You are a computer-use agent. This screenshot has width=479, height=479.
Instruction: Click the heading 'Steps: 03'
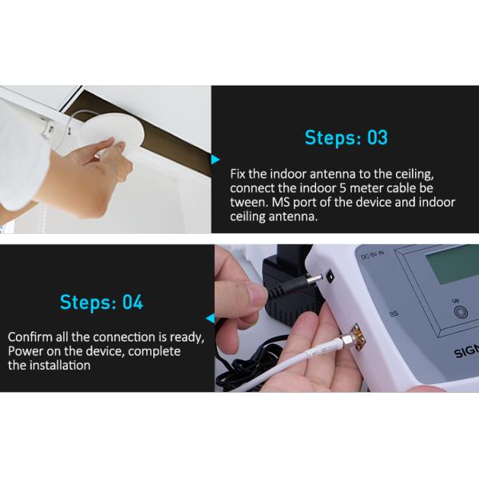click(x=346, y=138)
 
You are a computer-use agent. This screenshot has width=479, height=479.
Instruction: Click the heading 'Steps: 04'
click(x=101, y=303)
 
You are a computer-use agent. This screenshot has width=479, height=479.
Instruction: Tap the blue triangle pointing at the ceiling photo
click(x=215, y=160)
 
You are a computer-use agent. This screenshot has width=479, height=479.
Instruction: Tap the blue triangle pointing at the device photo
click(x=209, y=317)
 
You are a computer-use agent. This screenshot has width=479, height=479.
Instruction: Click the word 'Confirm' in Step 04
click(x=30, y=336)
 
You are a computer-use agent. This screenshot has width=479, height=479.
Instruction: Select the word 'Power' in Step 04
click(x=24, y=351)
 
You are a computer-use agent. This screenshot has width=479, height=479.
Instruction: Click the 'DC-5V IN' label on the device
click(x=374, y=256)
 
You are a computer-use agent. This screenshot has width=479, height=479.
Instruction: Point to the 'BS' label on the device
click(x=393, y=314)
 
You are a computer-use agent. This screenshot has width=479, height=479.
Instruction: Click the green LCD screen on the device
click(x=451, y=264)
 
